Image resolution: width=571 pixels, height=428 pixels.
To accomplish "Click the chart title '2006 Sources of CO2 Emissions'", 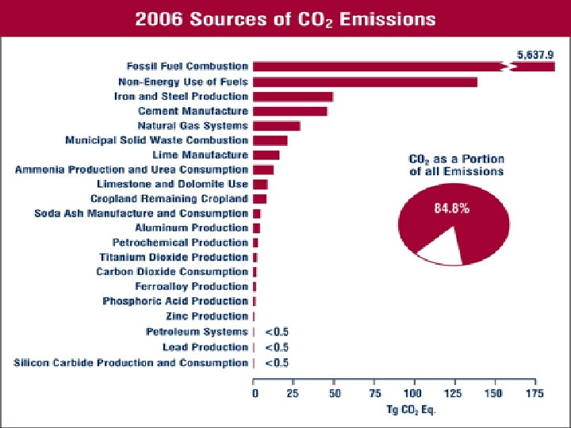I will pos(285,18).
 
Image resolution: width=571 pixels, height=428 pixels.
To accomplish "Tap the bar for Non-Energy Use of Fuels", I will pos(365,82).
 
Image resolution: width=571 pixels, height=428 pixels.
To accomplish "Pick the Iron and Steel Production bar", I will pos(293,97).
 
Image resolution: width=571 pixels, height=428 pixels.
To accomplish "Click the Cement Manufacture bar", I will pos(289,111).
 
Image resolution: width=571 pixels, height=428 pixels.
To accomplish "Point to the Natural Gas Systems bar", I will pos(276,126).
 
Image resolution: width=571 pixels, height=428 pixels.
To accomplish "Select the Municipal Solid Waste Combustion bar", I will pos(270,140).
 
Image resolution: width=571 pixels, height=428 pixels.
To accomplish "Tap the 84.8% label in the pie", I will pos(451,209).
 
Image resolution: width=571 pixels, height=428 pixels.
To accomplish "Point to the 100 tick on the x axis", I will pos(413,393).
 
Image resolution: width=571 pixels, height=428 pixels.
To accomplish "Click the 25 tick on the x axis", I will pos(293,393).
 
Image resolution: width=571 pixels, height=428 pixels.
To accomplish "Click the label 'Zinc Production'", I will pos(207,316).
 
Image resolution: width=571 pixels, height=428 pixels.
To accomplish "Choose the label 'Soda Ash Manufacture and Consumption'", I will pos(141,213).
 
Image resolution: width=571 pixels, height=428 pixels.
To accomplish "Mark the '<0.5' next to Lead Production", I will pos(276,347).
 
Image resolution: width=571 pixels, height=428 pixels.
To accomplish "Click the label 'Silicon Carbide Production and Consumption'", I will pos(131,363).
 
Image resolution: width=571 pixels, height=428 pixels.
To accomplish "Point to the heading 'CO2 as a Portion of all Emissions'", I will pos(456,165).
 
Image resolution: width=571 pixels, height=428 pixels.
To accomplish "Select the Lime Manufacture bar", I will pos(266,155).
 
